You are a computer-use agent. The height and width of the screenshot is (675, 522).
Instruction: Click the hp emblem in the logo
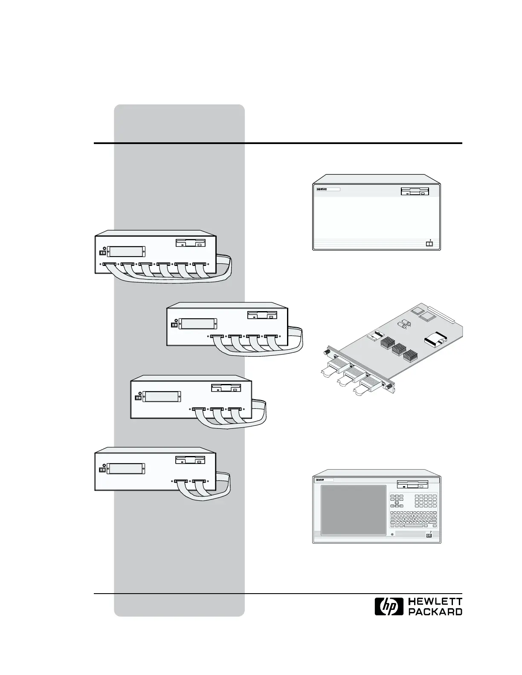click(x=389, y=606)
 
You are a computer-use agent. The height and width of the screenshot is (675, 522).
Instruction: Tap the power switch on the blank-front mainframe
click(x=429, y=244)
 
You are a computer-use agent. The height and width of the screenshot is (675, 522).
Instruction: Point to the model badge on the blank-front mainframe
click(x=327, y=189)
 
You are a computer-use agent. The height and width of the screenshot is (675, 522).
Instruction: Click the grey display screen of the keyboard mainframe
click(x=354, y=510)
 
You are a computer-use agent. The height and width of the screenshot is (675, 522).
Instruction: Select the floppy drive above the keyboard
click(x=412, y=485)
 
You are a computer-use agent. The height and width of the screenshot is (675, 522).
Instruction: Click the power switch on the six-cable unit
click(x=102, y=253)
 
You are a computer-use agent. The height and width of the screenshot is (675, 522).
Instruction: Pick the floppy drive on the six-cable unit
click(x=191, y=243)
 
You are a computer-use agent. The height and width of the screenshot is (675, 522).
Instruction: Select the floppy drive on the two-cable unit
click(x=191, y=460)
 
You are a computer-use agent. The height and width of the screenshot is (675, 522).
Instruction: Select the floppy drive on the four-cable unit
click(x=262, y=316)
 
